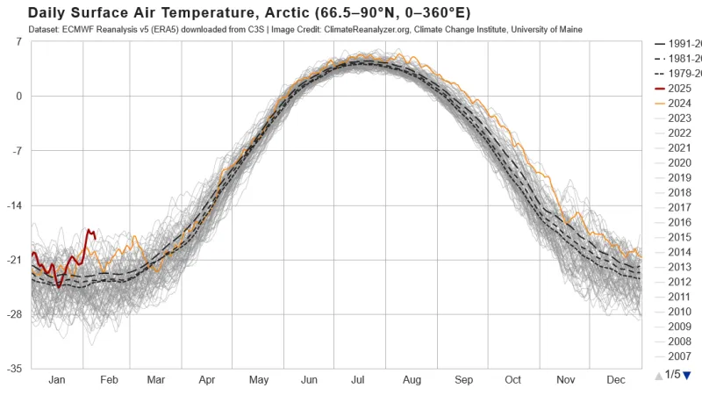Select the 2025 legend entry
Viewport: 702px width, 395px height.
click(x=679, y=88)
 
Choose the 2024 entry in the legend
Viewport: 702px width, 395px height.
click(x=679, y=103)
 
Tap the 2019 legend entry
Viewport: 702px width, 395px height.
click(x=679, y=177)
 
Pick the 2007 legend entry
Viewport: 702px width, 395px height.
click(x=679, y=356)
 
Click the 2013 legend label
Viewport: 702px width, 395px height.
click(x=679, y=267)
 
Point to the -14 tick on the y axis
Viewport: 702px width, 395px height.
click(x=16, y=205)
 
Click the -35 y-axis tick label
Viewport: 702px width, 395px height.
click(x=16, y=369)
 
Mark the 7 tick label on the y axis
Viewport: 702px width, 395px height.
click(x=19, y=42)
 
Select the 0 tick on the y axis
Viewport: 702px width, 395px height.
click(x=19, y=97)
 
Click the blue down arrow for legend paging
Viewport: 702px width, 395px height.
click(x=687, y=376)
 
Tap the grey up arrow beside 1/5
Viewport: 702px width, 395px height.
click(x=658, y=376)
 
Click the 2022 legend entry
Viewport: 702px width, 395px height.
click(x=679, y=133)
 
